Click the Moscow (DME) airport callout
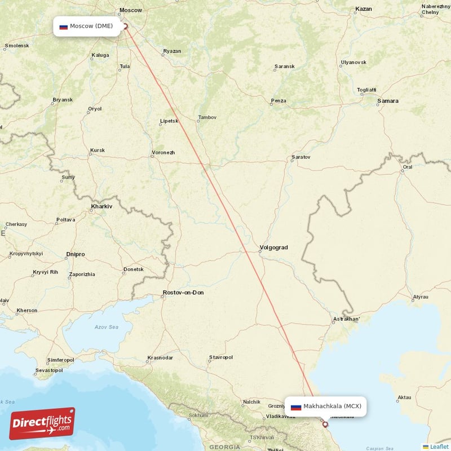[87, 26]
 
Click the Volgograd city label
[273, 247]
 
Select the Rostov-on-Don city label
[183, 293]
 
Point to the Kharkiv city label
[101, 207]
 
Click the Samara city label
[388, 101]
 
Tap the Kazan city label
[364, 9]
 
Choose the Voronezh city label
[163, 153]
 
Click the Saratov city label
[300, 157]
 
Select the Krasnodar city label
[160, 357]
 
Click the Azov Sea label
[107, 327]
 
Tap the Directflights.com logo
[42, 423]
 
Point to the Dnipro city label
[75, 254]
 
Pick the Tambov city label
[206, 118]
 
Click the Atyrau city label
[421, 297]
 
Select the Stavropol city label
[220, 357]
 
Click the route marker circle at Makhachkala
[325, 424]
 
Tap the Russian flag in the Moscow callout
[64, 26]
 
